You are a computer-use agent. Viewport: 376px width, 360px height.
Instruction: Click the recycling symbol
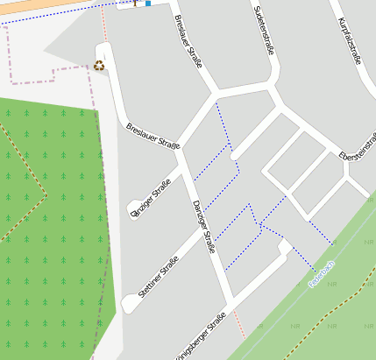coord(99,65)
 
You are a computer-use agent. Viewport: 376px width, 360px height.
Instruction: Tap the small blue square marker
coord(148,4)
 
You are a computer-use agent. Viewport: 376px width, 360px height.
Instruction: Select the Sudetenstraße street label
coord(264,31)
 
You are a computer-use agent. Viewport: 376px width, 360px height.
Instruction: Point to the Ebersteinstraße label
coord(358,146)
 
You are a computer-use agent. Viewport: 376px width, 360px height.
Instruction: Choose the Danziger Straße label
coord(203,226)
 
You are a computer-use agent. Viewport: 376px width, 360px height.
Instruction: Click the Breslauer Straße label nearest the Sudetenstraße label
coord(188,40)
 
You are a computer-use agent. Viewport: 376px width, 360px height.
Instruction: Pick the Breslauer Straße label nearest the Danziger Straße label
coord(153,137)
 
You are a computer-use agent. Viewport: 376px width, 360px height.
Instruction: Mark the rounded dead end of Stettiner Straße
coord(130,304)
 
